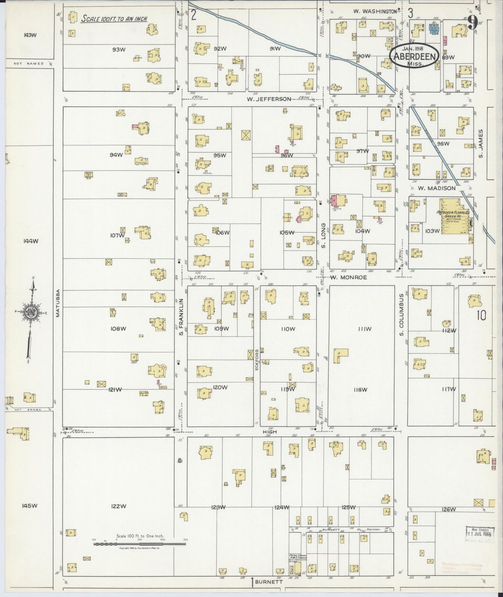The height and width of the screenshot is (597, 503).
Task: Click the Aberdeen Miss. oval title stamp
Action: click(413, 57)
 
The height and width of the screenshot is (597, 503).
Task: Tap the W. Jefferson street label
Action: click(269, 99)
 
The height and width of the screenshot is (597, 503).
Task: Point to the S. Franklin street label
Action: click(181, 313)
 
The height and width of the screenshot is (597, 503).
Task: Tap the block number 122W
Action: click(118, 506)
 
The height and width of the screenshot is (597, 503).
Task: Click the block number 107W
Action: click(117, 235)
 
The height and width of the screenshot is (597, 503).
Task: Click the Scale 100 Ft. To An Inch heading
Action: click(114, 19)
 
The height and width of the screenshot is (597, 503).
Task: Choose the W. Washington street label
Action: click(375, 11)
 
